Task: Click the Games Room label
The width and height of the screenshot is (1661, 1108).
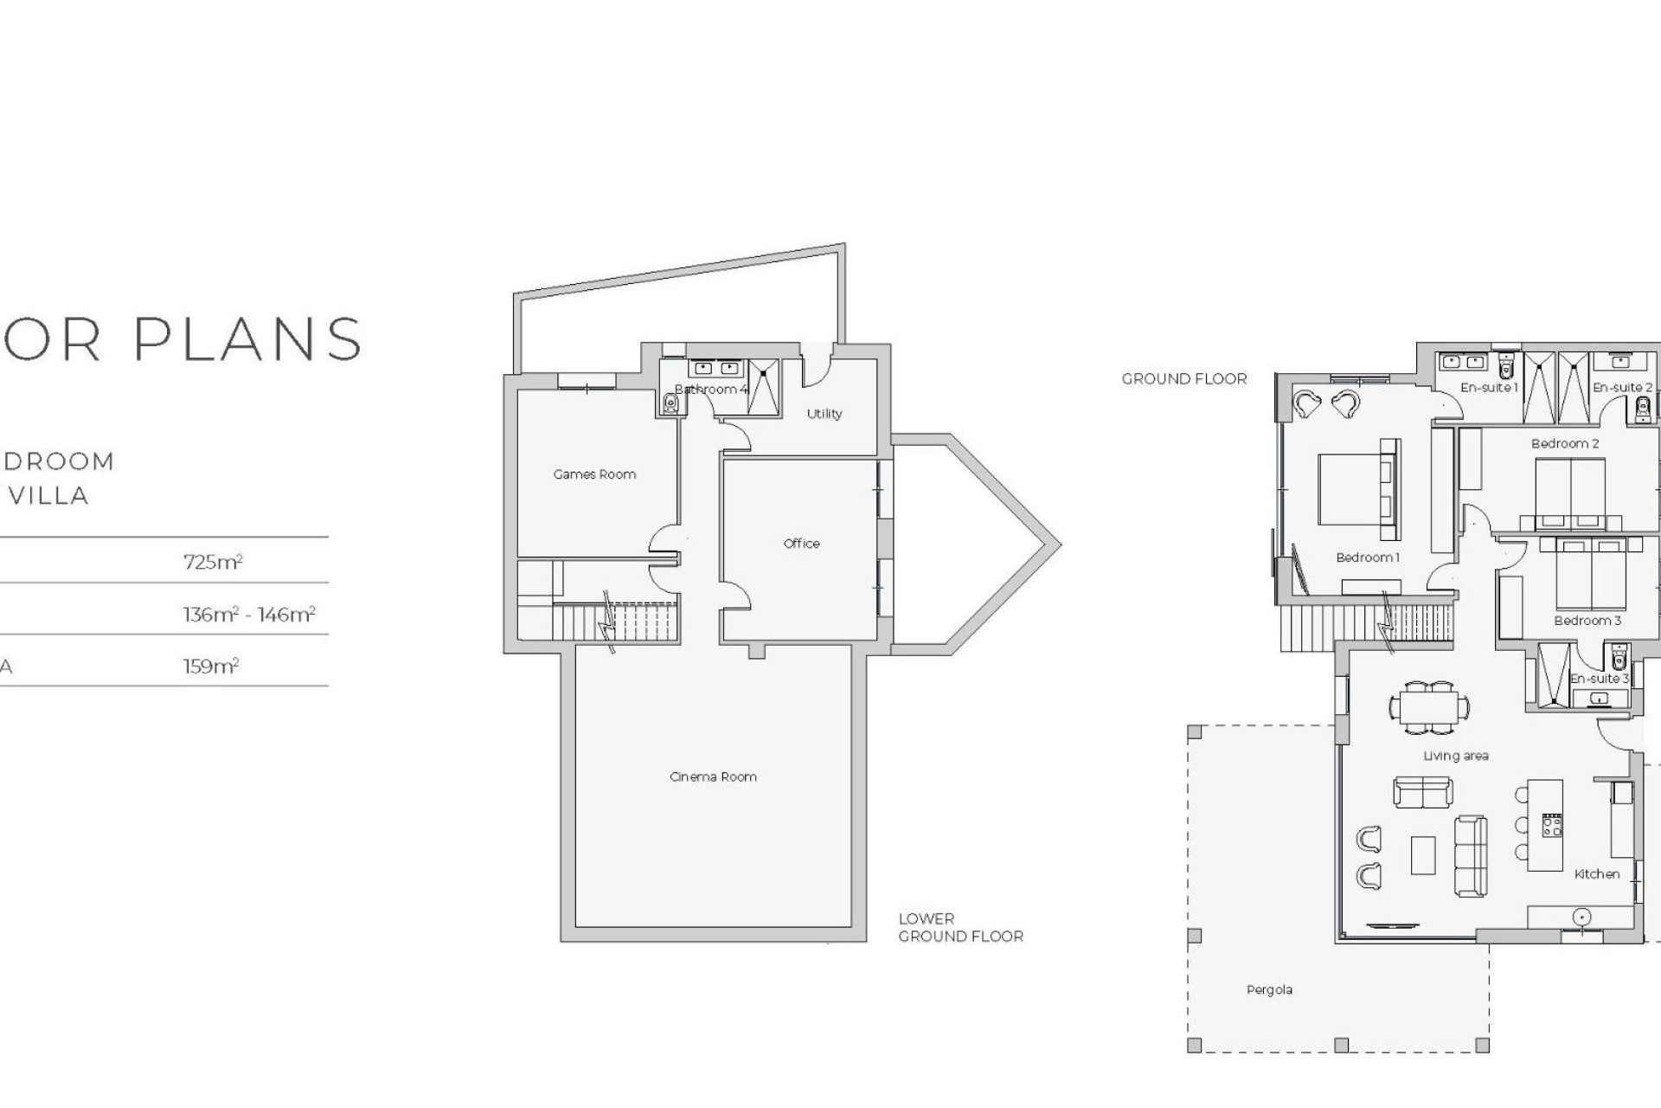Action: coord(594,474)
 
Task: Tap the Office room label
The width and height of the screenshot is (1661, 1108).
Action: coord(801,544)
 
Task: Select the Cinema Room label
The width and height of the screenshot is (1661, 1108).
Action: coord(713,777)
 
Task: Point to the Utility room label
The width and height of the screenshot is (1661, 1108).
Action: coord(824,414)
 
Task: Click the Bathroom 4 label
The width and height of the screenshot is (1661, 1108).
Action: coord(710,390)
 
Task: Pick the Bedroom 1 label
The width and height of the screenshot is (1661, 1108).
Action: coord(1367,557)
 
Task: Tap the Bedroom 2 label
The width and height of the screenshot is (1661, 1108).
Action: coord(1565,444)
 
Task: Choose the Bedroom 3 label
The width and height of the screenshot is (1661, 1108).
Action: coord(1587,621)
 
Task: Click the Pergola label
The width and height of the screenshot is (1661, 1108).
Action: coord(1269,990)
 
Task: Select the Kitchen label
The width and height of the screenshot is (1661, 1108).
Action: coord(1596,874)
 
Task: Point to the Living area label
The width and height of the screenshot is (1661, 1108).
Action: coord(1456,757)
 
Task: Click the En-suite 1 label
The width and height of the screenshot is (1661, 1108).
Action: coord(1489,388)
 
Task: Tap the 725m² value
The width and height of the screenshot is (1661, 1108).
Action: coord(213,562)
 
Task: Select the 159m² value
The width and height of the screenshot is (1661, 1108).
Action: coord(210,667)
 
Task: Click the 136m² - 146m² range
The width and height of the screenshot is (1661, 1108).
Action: coord(249,615)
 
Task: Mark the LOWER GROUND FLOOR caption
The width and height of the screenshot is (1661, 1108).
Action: coord(960,928)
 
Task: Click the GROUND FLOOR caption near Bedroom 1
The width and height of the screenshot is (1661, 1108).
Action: coord(1184,379)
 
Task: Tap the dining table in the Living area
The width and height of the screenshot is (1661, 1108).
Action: coord(1430,706)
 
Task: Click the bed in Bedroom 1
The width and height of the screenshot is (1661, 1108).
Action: coord(1355,489)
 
